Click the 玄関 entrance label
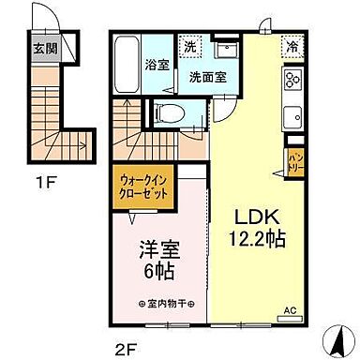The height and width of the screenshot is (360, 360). point(45,50)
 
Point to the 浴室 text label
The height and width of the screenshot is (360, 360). point(157,66)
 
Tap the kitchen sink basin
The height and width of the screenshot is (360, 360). point(292,118)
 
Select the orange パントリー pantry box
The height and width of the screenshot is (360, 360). point(294,161)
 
